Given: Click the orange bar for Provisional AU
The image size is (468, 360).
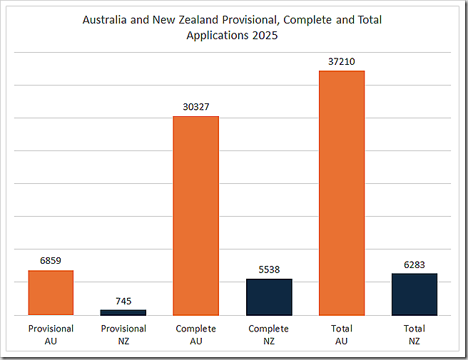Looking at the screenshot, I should (x=51, y=293).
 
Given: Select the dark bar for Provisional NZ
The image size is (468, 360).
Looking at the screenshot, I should (x=123, y=312).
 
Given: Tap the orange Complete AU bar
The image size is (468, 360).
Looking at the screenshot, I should (x=196, y=215).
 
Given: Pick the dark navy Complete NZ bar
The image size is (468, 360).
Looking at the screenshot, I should (x=269, y=297).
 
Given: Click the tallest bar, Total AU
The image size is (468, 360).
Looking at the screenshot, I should (x=342, y=192).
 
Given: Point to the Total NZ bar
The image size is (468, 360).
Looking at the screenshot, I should (x=414, y=294).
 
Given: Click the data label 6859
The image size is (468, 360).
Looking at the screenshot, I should (x=51, y=261).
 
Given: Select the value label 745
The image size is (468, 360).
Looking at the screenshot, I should (x=123, y=301).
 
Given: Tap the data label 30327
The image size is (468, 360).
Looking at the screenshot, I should (x=196, y=107).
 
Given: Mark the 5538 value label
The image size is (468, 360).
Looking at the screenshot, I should (x=269, y=269).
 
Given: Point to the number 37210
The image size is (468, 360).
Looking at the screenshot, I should (x=342, y=61).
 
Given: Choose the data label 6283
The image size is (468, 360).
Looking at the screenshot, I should (x=414, y=264).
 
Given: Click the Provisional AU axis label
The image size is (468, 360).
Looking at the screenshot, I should (x=51, y=335).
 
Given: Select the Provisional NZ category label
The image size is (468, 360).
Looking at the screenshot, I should (x=123, y=335).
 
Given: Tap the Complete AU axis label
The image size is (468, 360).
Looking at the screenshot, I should (x=196, y=335).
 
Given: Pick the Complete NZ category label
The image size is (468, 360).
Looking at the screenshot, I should (x=269, y=335).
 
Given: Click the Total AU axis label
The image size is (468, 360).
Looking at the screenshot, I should (x=342, y=335).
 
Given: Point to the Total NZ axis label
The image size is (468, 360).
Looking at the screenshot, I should (x=414, y=335).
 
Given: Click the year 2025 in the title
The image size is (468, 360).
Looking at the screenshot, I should (x=265, y=35).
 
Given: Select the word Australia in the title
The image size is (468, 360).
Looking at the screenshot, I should (x=106, y=20).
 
